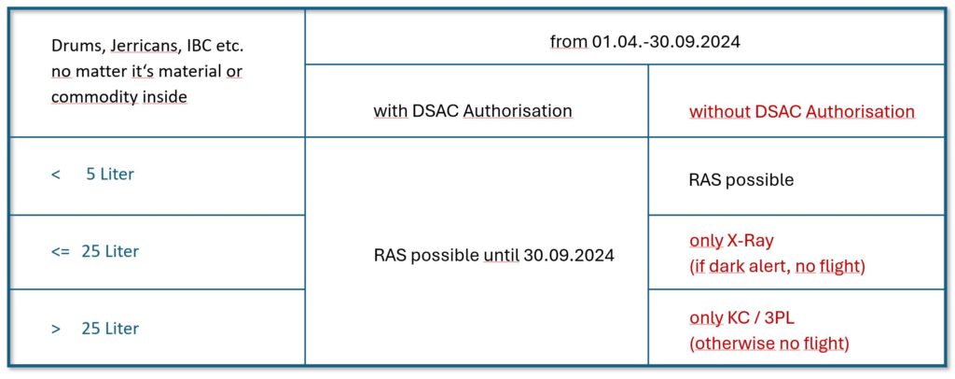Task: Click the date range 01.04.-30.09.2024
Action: [x=665, y=42]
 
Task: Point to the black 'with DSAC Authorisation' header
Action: [x=473, y=111]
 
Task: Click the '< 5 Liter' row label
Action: [x=92, y=175]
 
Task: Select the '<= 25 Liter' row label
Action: [x=95, y=251]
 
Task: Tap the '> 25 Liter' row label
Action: [x=95, y=329]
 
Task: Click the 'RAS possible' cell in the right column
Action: [x=741, y=180]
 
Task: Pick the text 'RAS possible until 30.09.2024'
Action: [x=494, y=256]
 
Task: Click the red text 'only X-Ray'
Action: [x=731, y=241]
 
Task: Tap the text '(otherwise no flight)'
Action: [x=769, y=344]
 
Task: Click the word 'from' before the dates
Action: [x=568, y=42]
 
